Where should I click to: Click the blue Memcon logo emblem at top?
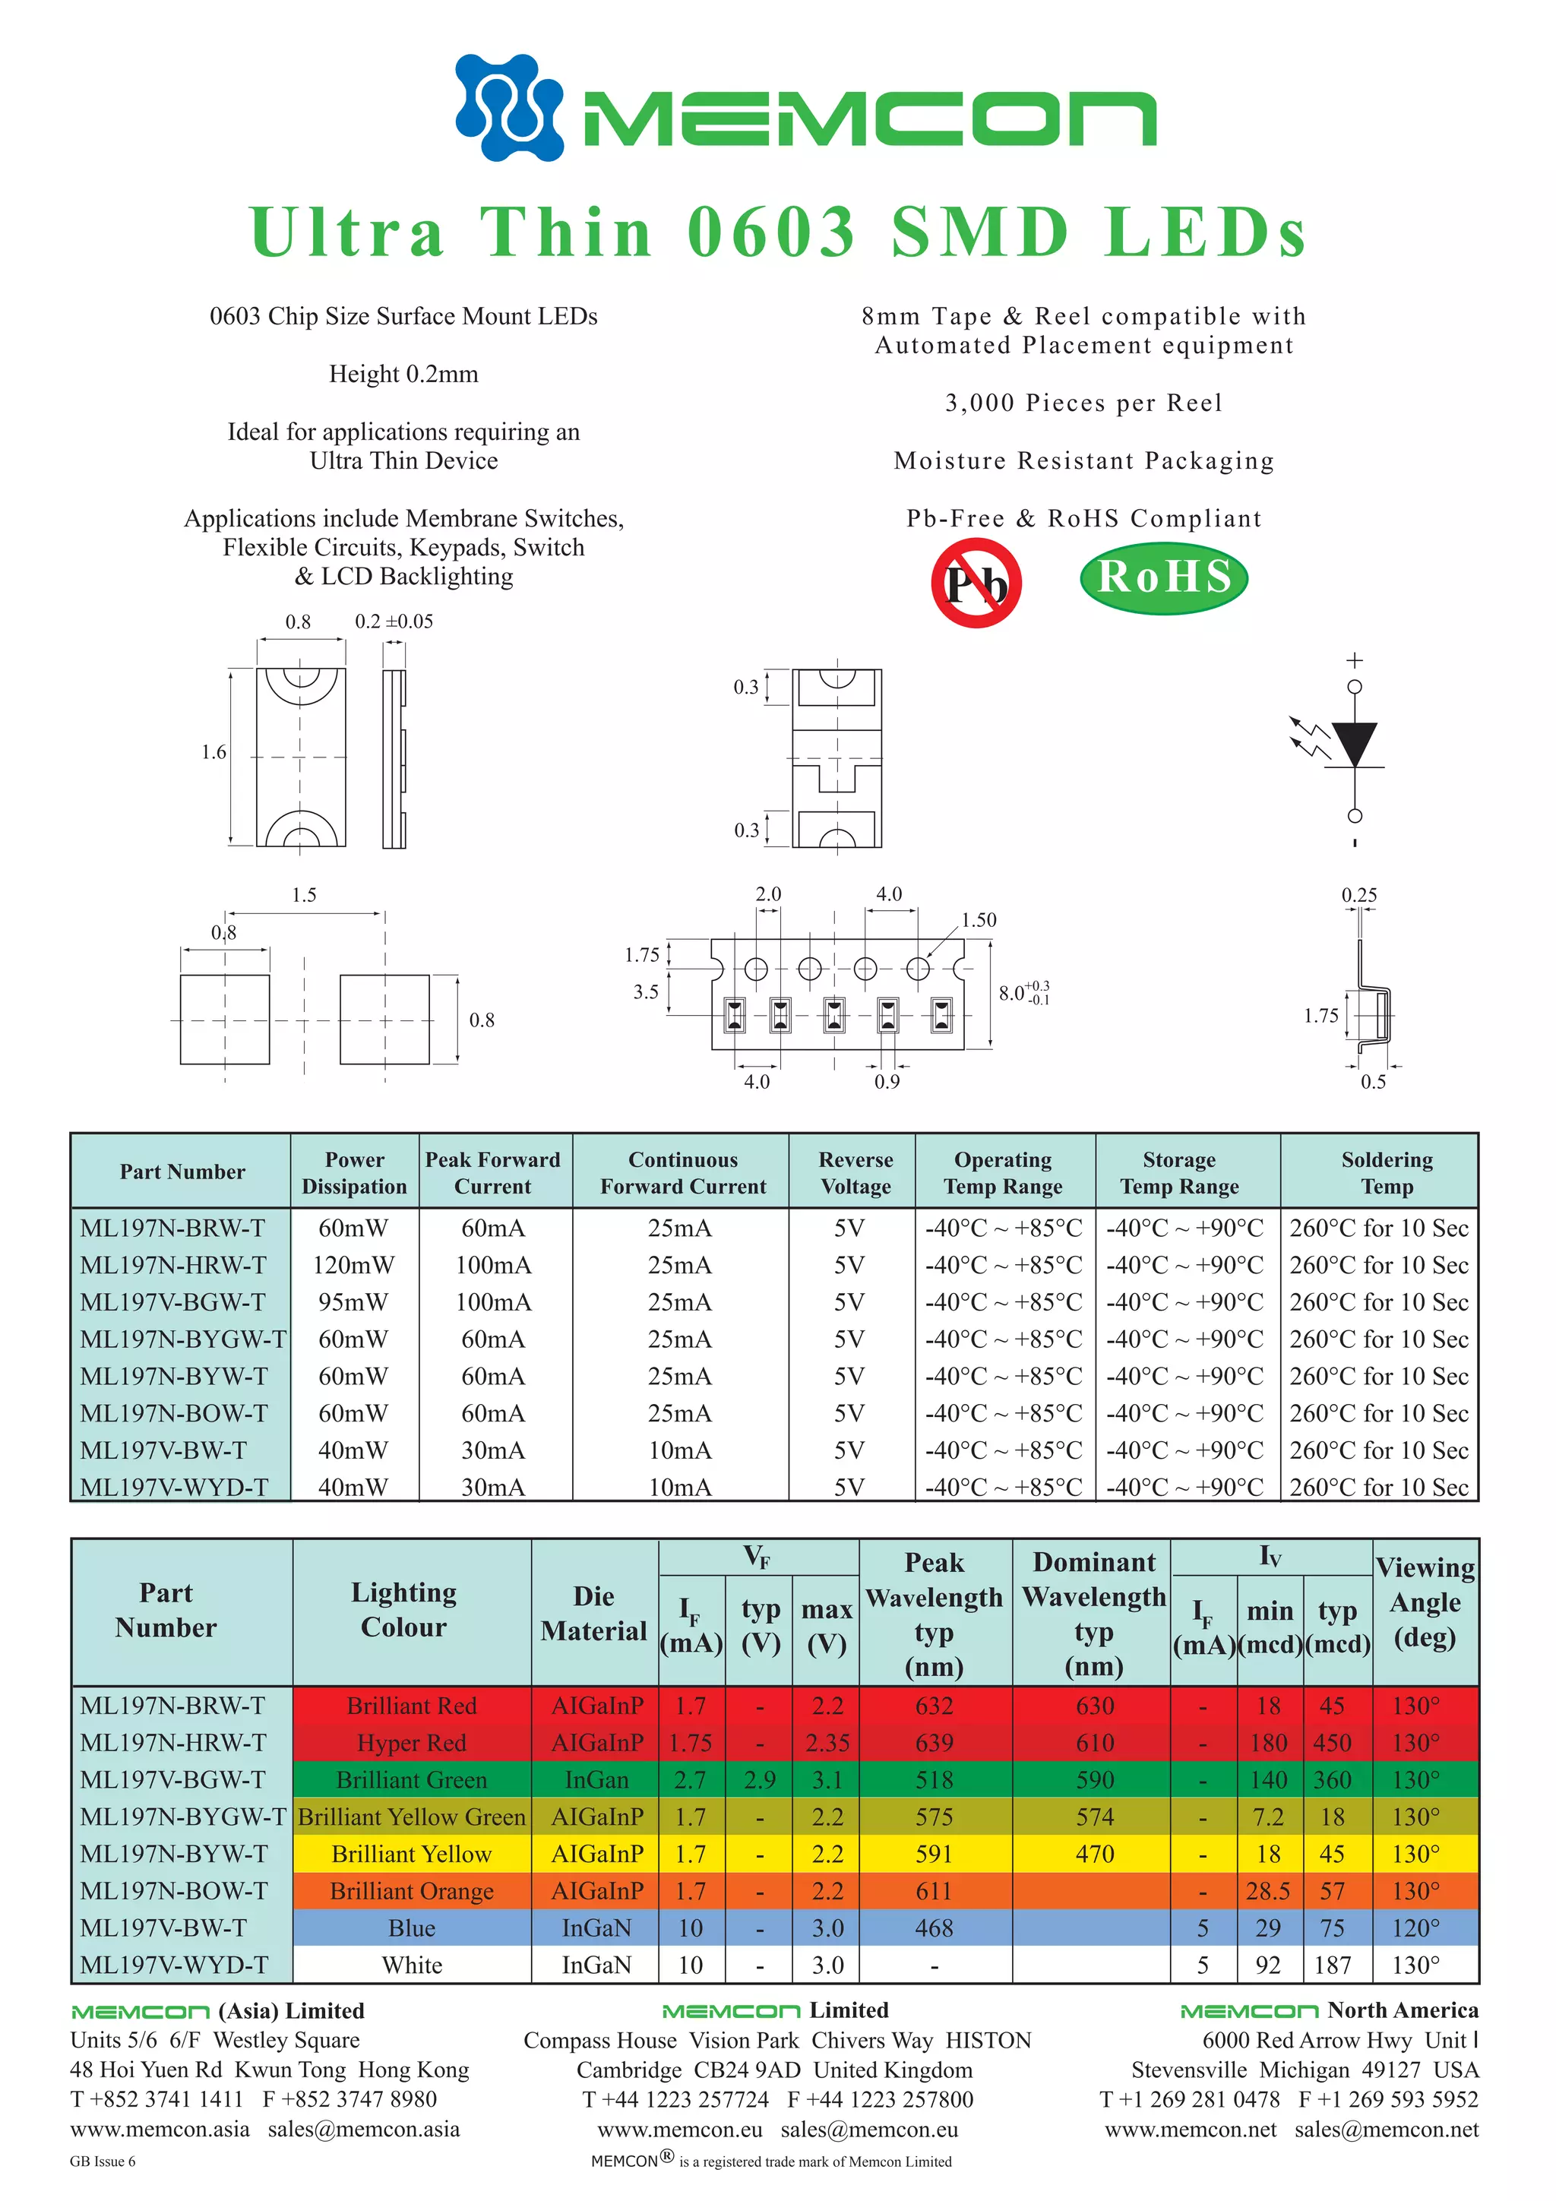(509, 106)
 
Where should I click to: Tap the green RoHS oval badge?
(1164, 577)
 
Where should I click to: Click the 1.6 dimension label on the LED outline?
(213, 752)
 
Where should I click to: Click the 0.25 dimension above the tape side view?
(1358, 895)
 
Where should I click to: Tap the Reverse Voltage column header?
(855, 1172)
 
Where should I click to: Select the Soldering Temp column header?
(1387, 1172)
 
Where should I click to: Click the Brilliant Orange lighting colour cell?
(411, 1891)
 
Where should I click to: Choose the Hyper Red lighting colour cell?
(411, 1743)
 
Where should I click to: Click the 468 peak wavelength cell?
(934, 1927)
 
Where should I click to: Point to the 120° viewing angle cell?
(1415, 1927)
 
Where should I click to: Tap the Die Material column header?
(593, 1614)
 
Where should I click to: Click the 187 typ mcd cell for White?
(1333, 1965)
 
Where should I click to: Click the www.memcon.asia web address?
(159, 2129)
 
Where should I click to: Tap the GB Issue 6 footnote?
(103, 2161)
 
